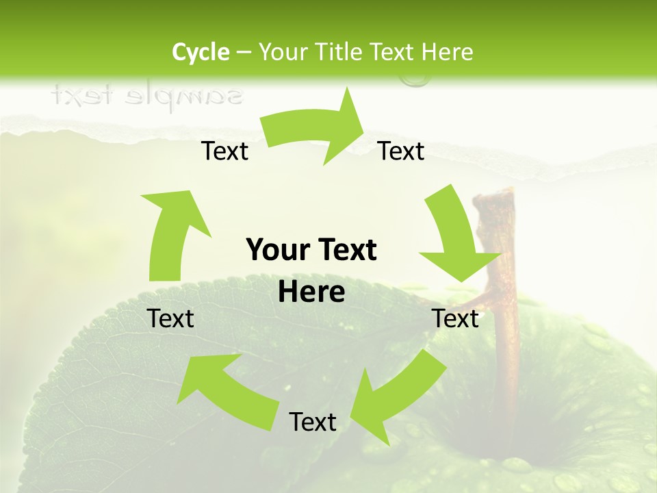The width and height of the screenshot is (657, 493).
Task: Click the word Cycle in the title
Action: pyautogui.click(x=201, y=52)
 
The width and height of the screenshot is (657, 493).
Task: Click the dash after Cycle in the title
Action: pyautogui.click(x=244, y=52)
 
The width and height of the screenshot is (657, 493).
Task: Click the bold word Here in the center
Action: pyautogui.click(x=311, y=292)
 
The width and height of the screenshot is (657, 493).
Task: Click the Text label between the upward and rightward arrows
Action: pyautogui.click(x=224, y=151)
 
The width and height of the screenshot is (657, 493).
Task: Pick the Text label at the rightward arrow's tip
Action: pyautogui.click(x=401, y=151)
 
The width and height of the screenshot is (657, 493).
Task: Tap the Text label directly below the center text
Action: pyautogui.click(x=313, y=422)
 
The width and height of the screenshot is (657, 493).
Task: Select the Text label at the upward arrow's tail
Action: pyautogui.click(x=171, y=318)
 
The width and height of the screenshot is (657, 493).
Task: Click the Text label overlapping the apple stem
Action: pyautogui.click(x=456, y=318)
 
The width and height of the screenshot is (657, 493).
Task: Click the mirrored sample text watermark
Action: pyautogui.click(x=146, y=97)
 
